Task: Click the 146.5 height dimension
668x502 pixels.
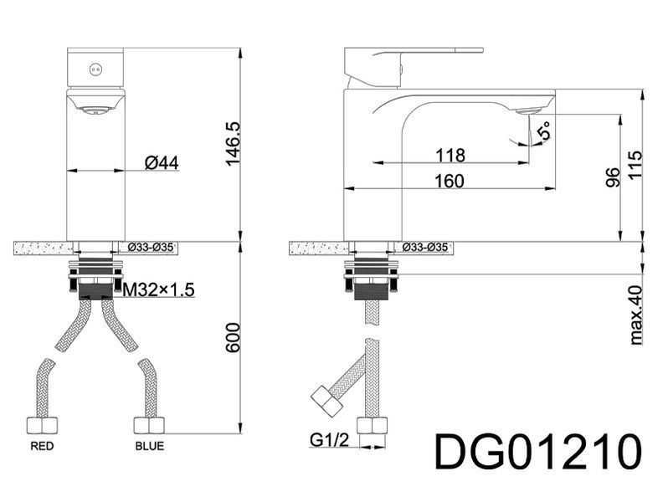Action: [x=234, y=144]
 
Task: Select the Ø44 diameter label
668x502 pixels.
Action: [x=162, y=162]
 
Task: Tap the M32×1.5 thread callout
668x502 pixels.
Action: [x=158, y=290]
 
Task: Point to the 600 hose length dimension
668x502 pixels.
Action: [x=233, y=338]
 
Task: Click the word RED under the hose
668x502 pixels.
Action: [x=42, y=446]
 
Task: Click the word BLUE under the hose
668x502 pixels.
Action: [x=150, y=446]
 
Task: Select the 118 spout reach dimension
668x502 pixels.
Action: [x=450, y=156]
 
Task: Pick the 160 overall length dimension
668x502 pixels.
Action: [x=449, y=182]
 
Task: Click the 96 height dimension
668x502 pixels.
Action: [x=612, y=177]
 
